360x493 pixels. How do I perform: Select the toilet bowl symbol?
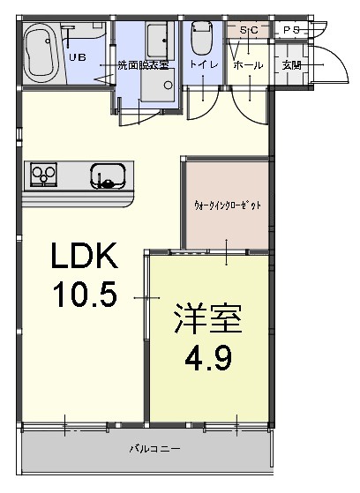199,41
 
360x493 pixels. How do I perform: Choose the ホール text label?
247,65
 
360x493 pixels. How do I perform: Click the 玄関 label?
290,65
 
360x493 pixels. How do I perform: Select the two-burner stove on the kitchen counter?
43,175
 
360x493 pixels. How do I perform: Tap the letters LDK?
83,258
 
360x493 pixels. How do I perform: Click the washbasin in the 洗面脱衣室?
160,40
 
